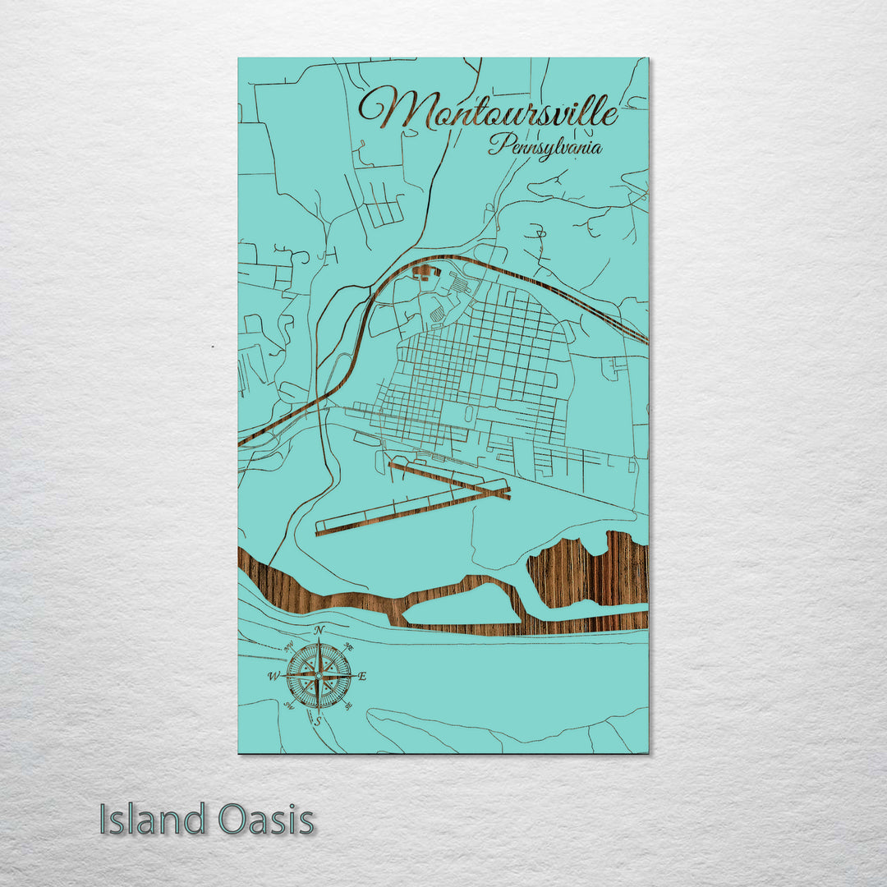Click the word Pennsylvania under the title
point(545,148)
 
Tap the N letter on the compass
point(319,631)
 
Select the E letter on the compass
point(362,676)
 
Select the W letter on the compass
point(273,677)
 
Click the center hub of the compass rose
point(319,676)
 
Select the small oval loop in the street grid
point(468,414)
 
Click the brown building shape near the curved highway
point(424,271)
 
